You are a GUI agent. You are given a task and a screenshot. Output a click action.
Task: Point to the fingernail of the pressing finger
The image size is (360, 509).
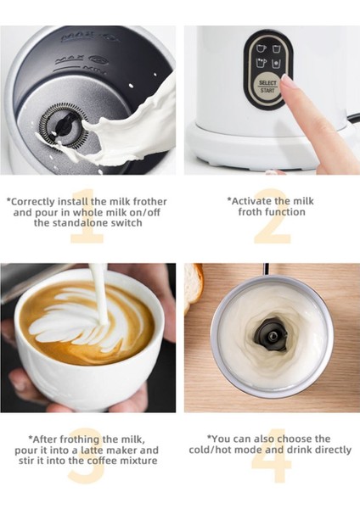286,82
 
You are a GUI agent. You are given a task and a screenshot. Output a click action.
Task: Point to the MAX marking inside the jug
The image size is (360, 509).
69,61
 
